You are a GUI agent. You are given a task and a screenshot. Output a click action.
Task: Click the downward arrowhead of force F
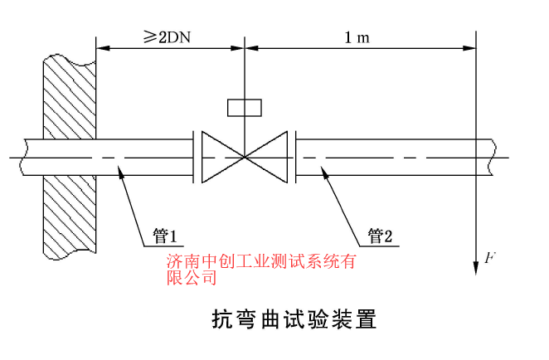point(475,260)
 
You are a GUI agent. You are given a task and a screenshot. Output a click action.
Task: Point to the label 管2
point(384,236)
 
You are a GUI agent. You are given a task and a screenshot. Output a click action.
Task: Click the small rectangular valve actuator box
point(244,107)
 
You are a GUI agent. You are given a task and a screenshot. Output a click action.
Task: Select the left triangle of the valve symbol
point(217,155)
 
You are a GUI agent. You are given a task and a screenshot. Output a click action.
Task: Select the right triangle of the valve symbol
point(270,155)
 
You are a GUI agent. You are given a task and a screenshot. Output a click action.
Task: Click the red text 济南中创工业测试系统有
point(260,262)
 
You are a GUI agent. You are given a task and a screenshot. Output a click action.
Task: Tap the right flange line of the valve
point(293,155)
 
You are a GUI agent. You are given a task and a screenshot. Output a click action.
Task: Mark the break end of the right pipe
point(494,155)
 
